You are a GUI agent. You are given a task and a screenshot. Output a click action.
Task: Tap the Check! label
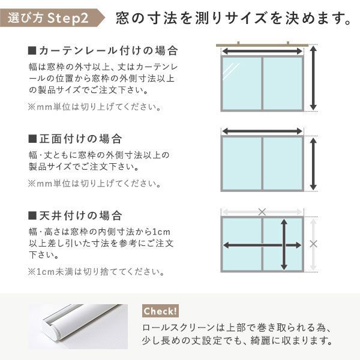click(160, 311)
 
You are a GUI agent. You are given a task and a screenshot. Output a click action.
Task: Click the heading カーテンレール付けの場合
click(103, 49)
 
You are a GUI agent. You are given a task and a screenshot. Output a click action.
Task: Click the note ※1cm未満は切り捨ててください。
click(95, 272)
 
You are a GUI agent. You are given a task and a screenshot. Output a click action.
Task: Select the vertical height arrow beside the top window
click(313, 79)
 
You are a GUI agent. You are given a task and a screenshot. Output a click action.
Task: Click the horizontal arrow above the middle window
click(262, 131)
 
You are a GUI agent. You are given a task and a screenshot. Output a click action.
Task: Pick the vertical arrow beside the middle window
click(313, 161)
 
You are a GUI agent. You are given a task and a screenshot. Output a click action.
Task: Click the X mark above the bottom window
click(262, 211)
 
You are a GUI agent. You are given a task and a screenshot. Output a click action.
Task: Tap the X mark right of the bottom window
click(313, 244)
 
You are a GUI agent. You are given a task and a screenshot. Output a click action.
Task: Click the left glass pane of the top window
click(242, 83)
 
